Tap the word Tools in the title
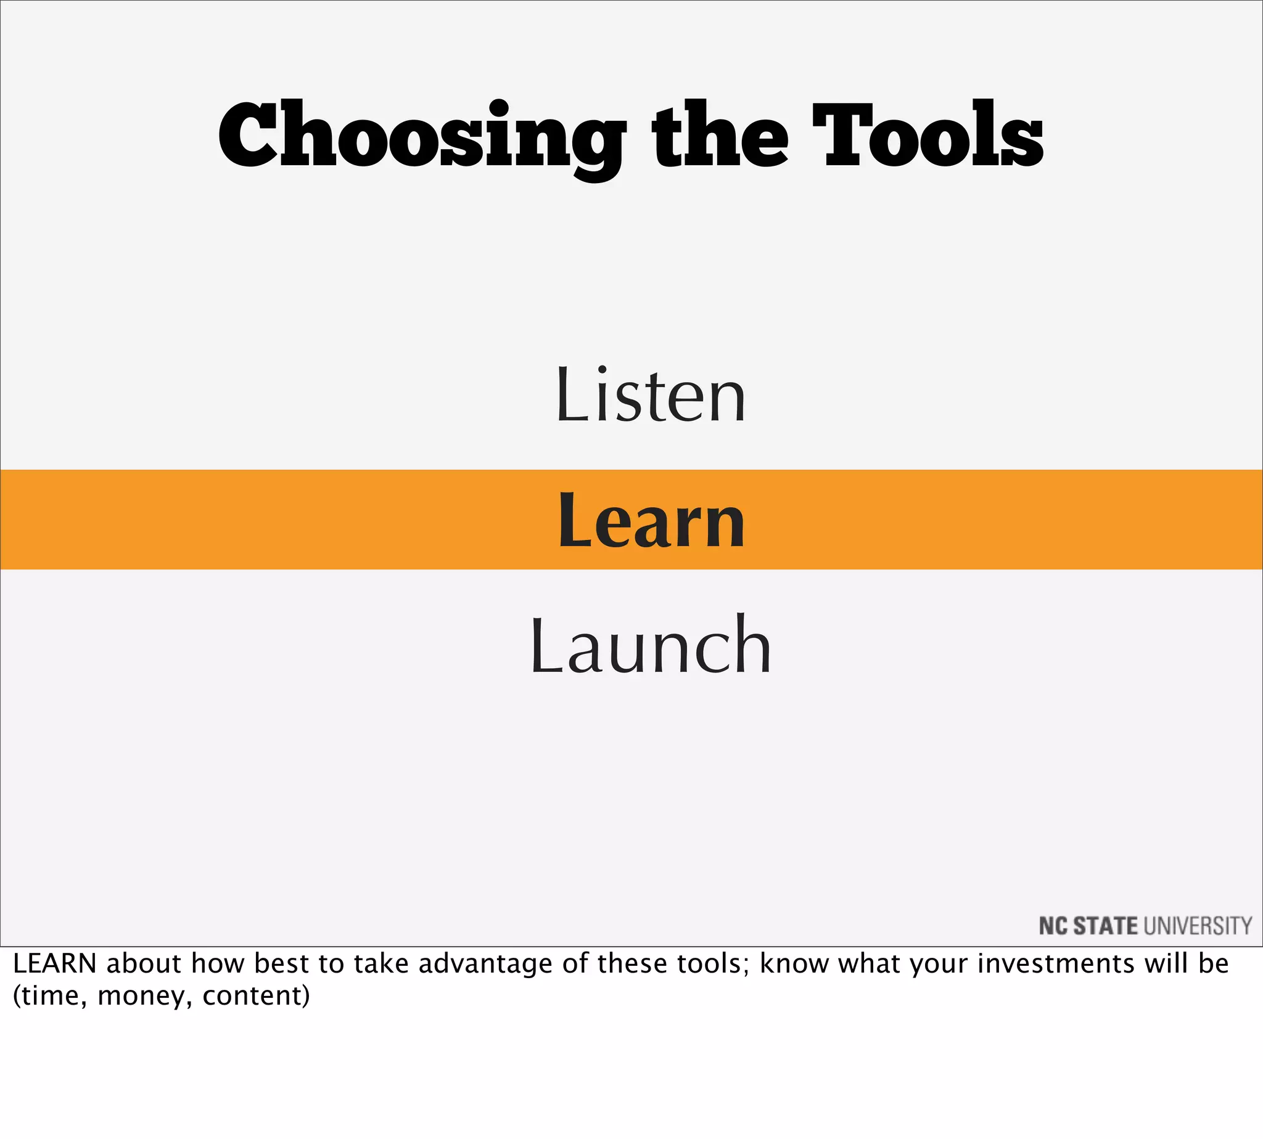(928, 136)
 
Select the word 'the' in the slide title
(720, 136)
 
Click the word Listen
(651, 396)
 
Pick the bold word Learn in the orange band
(651, 520)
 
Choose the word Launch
(651, 645)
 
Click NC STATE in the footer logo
(1088, 926)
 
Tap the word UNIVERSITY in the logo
(1198, 926)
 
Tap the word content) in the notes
(256, 995)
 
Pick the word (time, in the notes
(50, 995)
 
